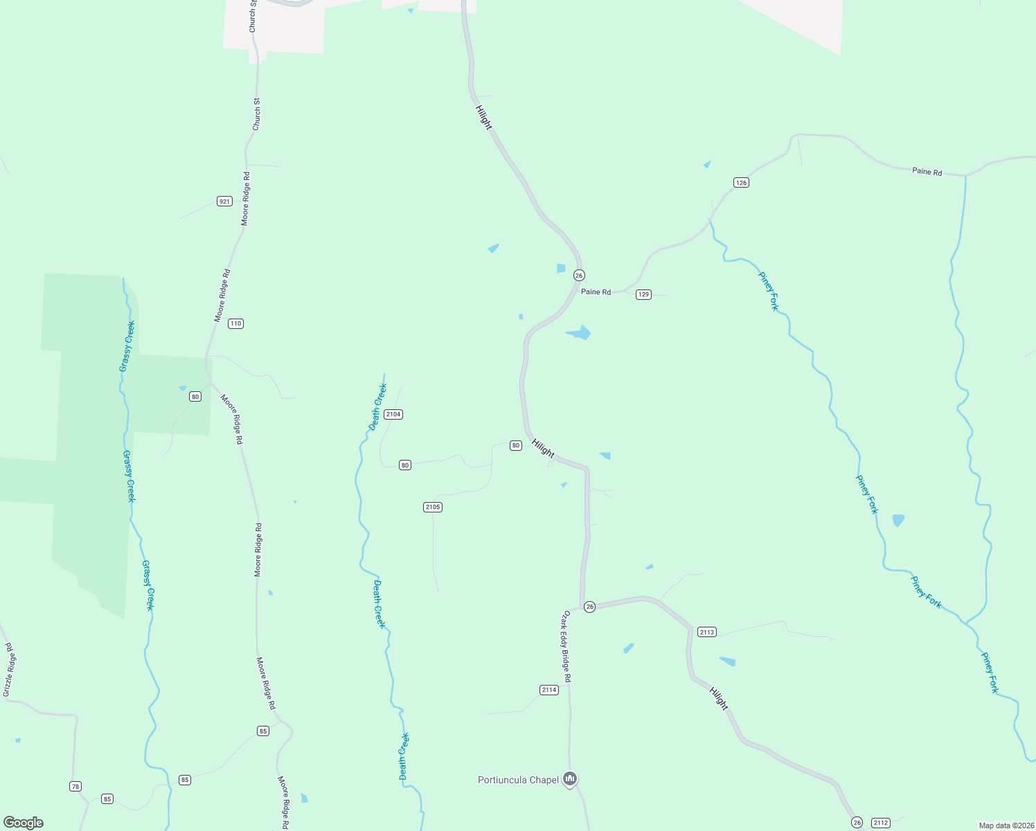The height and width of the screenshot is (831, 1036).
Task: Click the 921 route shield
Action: coord(224,202)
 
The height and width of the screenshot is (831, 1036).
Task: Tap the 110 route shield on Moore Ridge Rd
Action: coord(236,323)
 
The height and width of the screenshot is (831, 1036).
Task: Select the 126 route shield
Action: coord(741,183)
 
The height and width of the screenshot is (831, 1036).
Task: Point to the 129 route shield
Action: coord(643,295)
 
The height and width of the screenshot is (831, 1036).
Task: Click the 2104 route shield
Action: coord(393,414)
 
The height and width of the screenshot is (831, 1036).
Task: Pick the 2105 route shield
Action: coord(433,508)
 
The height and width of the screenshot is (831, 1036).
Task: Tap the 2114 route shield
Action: coord(548,690)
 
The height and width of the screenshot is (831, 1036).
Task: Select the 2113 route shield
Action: coord(706,632)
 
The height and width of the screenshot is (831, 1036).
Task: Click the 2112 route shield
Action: coord(880,823)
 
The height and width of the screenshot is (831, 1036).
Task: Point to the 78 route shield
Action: coord(75,786)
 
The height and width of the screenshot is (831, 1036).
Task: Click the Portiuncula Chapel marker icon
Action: coord(570,779)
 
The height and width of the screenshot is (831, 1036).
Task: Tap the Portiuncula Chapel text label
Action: coord(518,780)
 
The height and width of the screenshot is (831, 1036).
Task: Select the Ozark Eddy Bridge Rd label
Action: coord(566,646)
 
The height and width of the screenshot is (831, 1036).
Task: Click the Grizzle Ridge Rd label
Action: coord(8,670)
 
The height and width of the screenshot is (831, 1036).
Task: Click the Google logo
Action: coord(24,823)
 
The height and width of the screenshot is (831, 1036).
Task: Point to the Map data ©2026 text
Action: coord(1006,825)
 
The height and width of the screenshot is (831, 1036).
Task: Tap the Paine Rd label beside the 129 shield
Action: coord(596,292)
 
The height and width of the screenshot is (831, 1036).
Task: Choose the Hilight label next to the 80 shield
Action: coord(543,448)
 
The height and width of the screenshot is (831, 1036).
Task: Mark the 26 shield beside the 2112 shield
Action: coord(857,822)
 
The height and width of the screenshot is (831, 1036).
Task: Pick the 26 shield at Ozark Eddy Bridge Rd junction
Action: coord(589,607)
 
